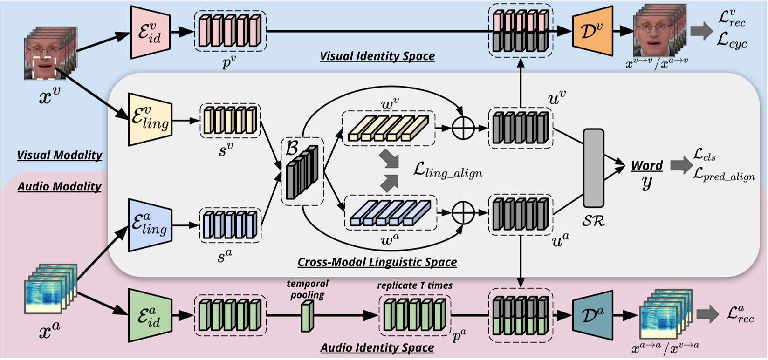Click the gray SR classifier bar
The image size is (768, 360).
pos(593,168)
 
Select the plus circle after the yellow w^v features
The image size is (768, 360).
pos(463,128)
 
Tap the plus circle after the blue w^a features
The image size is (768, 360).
pos(463,212)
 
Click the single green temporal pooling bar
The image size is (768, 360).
pos(307,316)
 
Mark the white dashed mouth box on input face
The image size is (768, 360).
pos(45,67)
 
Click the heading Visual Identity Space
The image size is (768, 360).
pos(377,56)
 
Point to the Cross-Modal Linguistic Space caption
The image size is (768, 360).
pos(377,262)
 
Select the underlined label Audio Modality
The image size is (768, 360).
pos(59,186)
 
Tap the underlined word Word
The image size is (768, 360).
pos(647,165)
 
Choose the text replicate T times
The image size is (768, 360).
pos(414,285)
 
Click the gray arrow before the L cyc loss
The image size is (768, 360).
pos(701,31)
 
